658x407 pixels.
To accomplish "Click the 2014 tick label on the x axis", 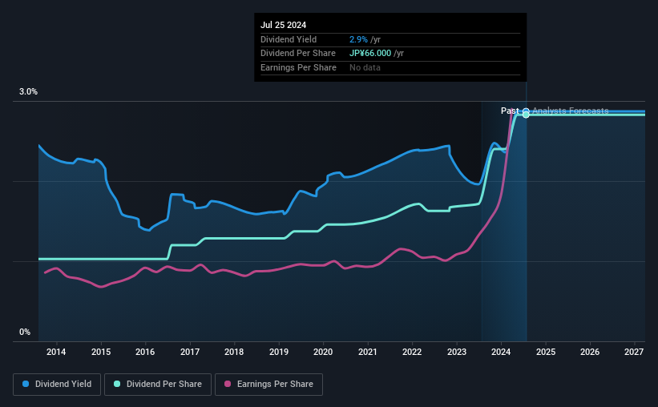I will [x=56, y=352].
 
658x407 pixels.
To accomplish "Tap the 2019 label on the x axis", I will [x=278, y=352].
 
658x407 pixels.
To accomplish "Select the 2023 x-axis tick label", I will [x=456, y=352].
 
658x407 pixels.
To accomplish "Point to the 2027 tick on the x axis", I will [x=634, y=352].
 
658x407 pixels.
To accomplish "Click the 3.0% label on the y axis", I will [x=28, y=92].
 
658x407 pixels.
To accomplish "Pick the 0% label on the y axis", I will [x=24, y=332].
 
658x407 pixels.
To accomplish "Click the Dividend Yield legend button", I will [x=57, y=385].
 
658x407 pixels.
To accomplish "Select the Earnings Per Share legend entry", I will [x=268, y=385].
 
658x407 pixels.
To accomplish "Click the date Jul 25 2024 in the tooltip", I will [x=284, y=25].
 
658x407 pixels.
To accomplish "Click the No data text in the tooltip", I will [x=365, y=67].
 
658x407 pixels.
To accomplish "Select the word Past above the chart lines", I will [x=510, y=111].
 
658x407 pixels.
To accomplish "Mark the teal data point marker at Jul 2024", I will [x=526, y=115].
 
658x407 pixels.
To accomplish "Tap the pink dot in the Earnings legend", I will [x=227, y=385].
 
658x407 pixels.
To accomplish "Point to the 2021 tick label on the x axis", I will [x=367, y=352].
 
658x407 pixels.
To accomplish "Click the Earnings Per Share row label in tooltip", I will [x=298, y=67].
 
